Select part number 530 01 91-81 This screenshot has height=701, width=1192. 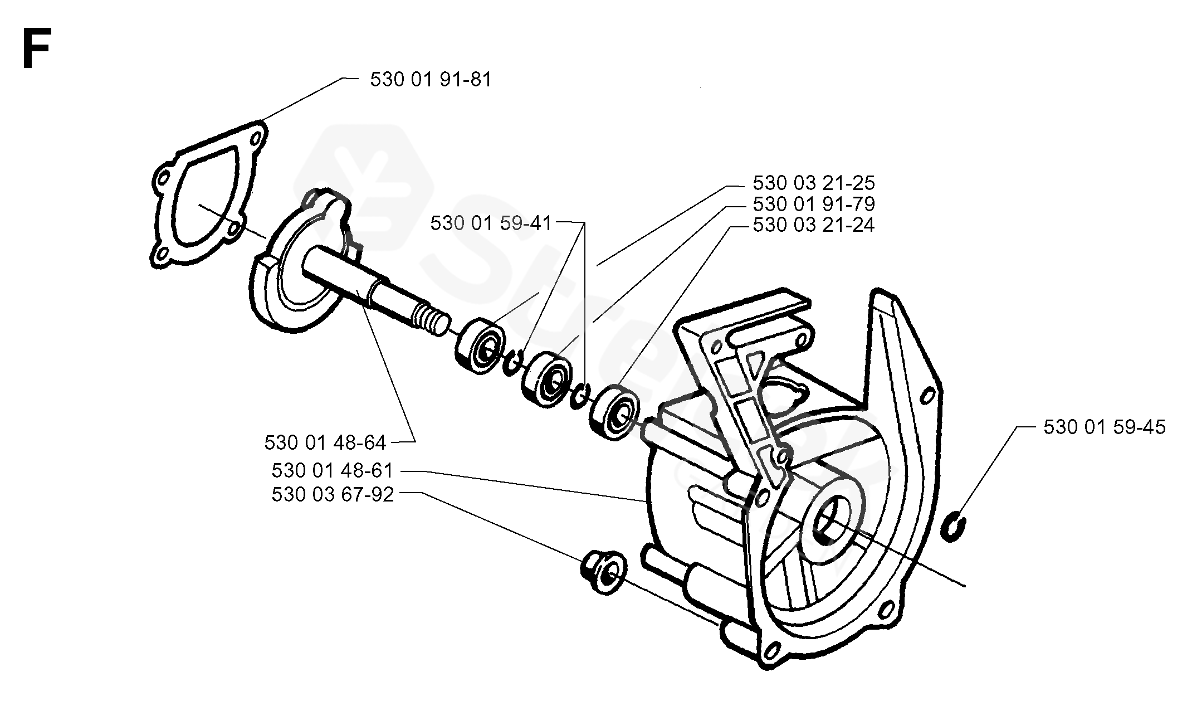tap(431, 80)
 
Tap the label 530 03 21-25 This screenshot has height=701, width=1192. tap(813, 183)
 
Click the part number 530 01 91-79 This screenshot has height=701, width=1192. tap(813, 204)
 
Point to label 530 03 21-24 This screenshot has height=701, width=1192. tap(813, 225)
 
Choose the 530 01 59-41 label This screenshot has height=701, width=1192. tap(491, 223)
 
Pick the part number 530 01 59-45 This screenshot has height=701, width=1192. tap(1104, 427)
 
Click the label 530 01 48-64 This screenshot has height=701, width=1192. tap(325, 442)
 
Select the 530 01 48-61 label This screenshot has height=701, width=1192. tap(333, 471)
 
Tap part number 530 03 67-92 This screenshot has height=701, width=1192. tap(333, 494)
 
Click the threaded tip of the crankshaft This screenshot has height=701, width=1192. tap(432, 323)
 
